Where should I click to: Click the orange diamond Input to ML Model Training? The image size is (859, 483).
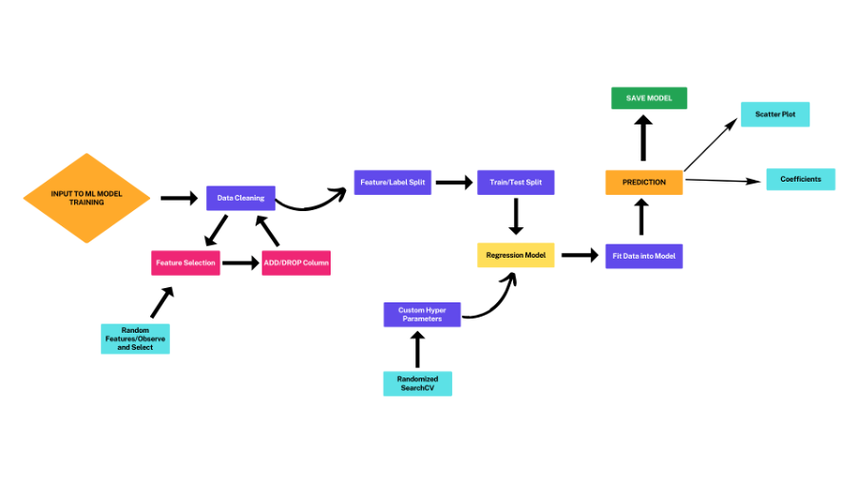tap(86, 198)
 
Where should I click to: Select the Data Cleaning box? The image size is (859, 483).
tap(240, 198)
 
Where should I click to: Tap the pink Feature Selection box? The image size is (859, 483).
tap(185, 262)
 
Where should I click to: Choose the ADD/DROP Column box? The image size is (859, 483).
tap(296, 262)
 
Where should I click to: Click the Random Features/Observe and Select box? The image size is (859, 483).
tap(136, 338)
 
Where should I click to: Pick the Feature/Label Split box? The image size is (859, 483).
tap(392, 183)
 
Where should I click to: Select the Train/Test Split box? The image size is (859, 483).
tap(515, 183)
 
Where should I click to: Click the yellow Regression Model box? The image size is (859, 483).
tap(515, 255)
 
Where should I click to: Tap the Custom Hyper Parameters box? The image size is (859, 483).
tap(422, 315)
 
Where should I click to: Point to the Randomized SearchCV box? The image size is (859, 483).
tap(417, 383)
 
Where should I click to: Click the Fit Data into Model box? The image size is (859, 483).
tap(643, 255)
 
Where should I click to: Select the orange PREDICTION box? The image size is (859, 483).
tap(643, 182)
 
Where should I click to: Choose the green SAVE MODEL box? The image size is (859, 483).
tap(648, 98)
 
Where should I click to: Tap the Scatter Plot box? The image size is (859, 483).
tap(774, 114)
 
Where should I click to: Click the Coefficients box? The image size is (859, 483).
tap(800, 179)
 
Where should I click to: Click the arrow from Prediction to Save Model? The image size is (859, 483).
tap(643, 139)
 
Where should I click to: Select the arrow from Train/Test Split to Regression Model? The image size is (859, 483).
tap(515, 216)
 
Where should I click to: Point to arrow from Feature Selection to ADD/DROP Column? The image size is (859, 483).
tap(240, 262)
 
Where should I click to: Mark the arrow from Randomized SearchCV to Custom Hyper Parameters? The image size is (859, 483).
tap(417, 350)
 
